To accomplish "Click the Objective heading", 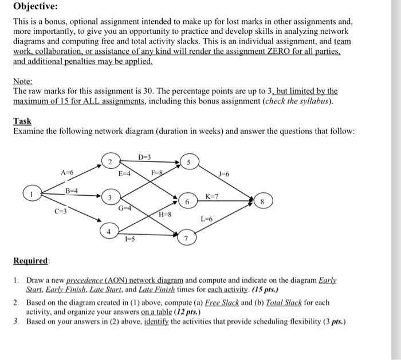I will [x=35, y=7].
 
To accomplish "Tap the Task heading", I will [x=22, y=121].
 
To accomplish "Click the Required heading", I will [x=32, y=261].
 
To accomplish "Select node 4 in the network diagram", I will [x=109, y=231].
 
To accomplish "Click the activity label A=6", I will [x=67, y=172].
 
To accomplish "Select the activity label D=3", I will [x=145, y=156].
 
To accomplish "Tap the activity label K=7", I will [x=213, y=196].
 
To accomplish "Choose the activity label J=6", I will [x=225, y=174].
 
